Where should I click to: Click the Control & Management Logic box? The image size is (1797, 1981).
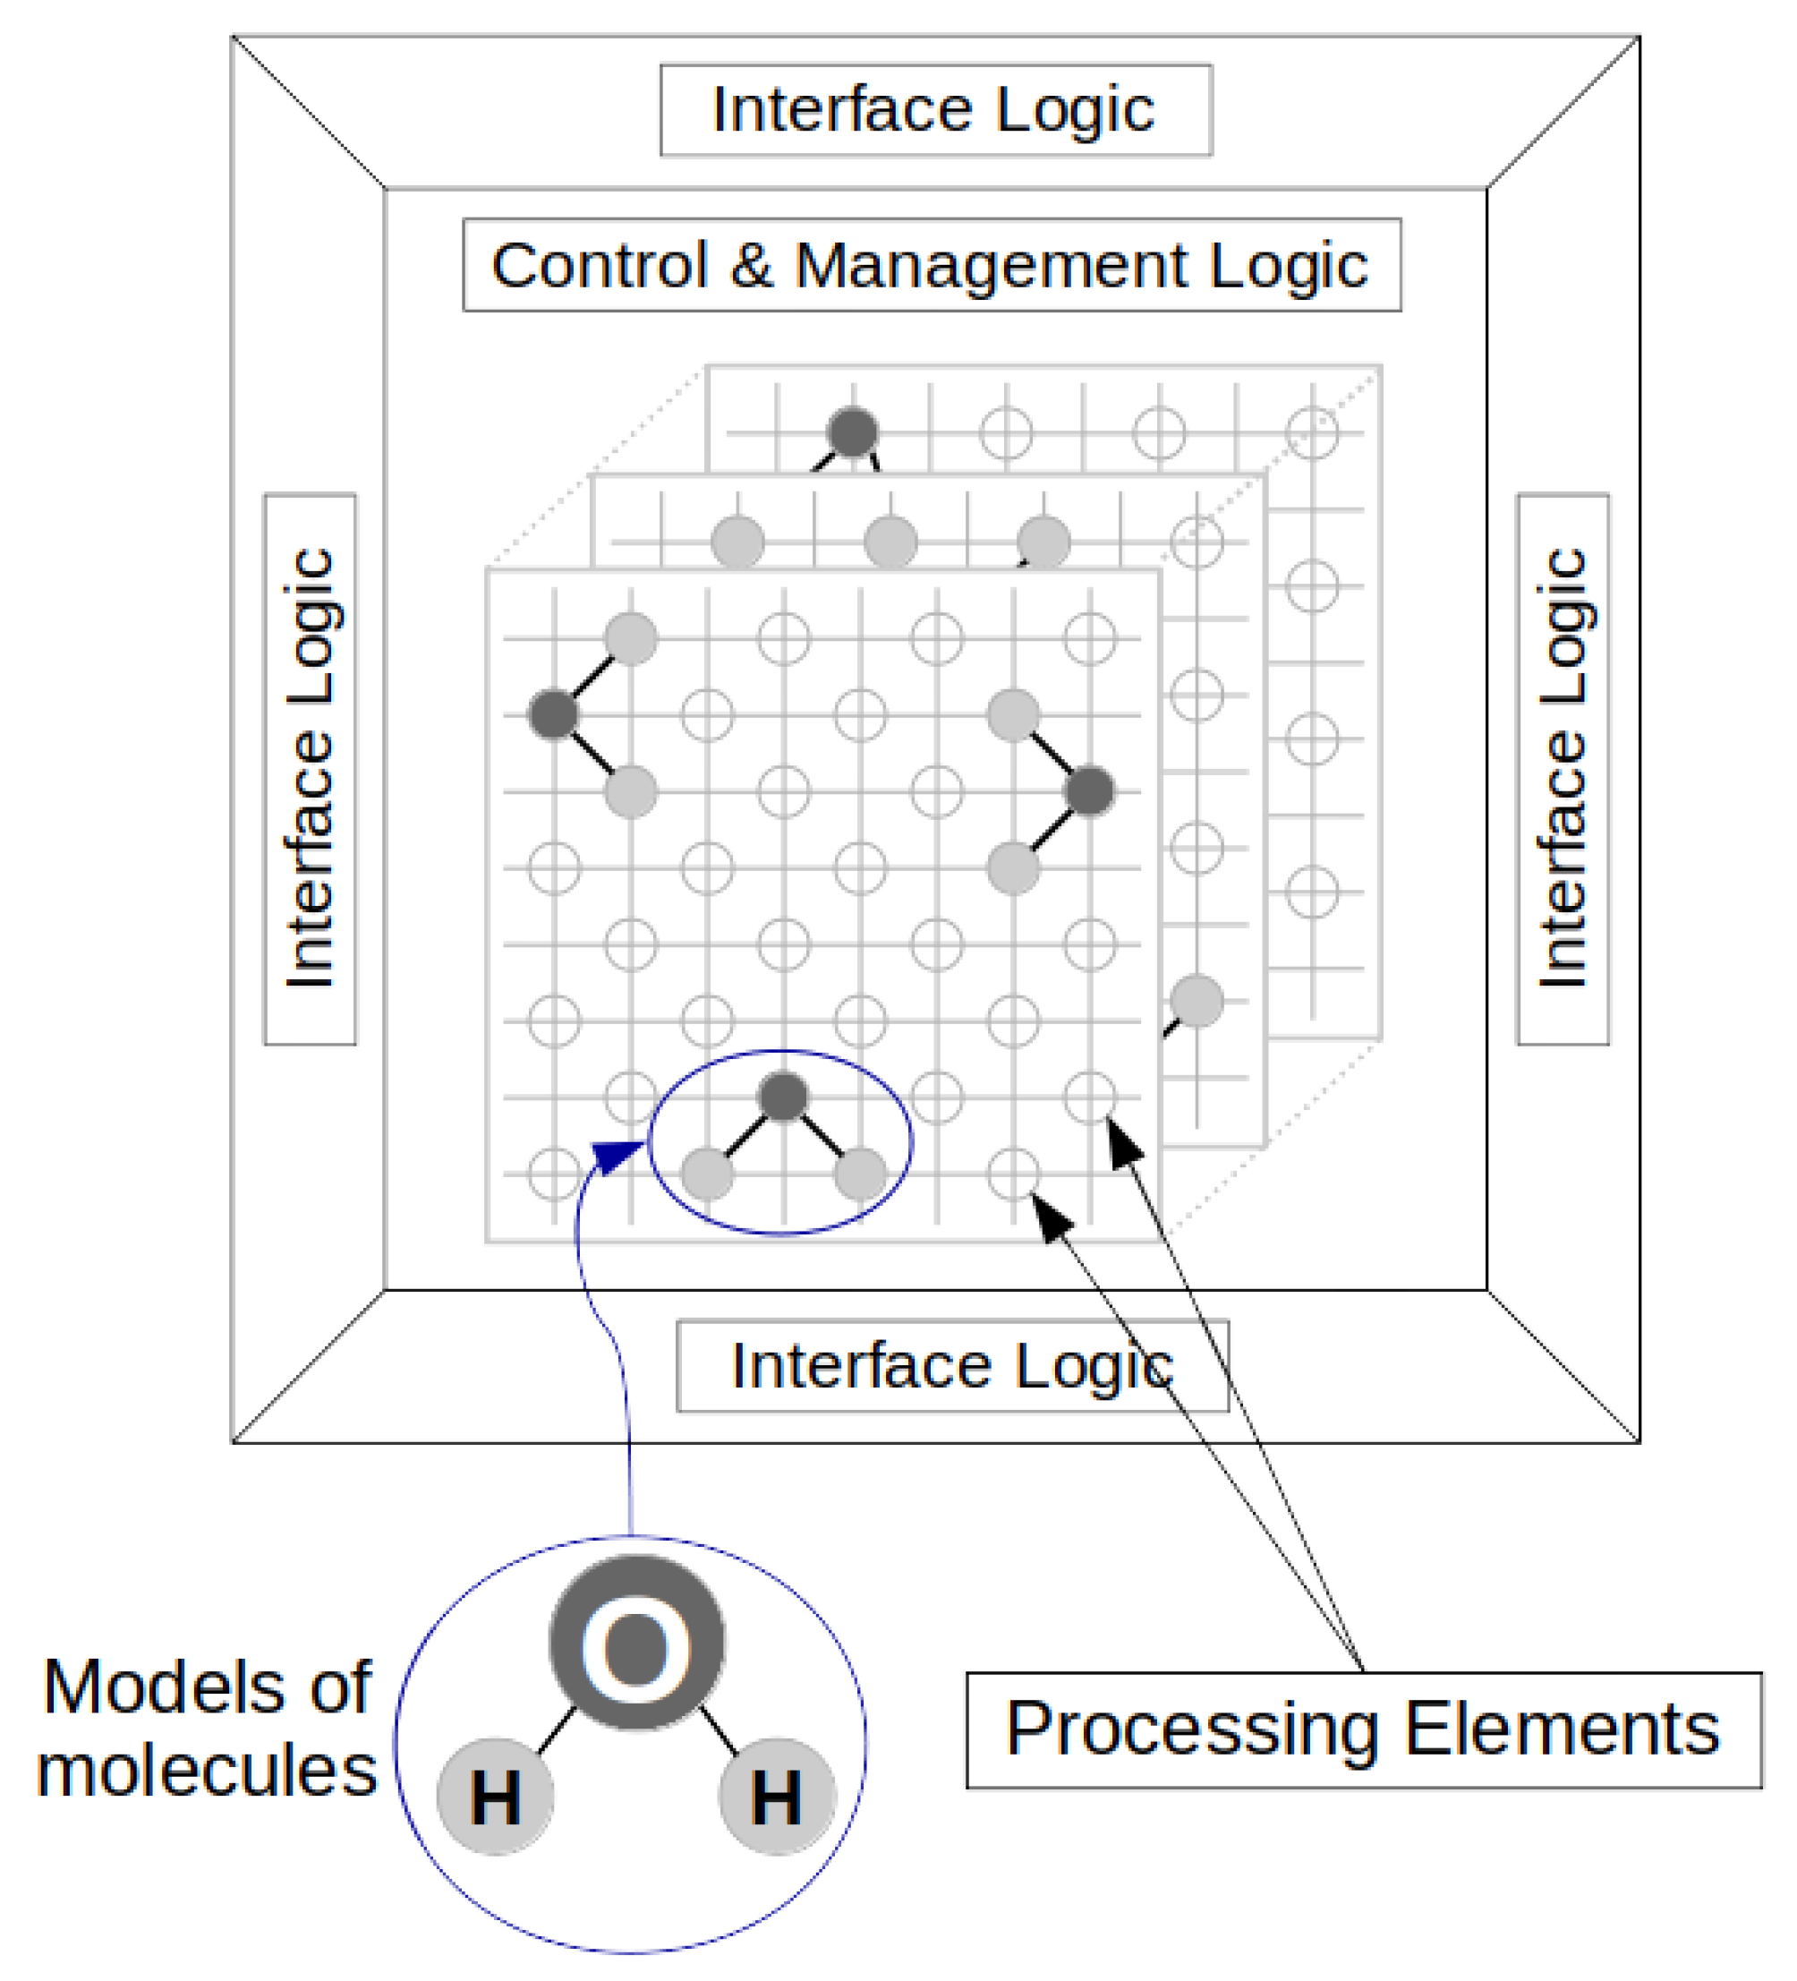[932, 264]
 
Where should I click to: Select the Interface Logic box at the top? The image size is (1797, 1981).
[935, 110]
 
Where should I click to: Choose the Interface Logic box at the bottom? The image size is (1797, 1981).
[952, 1366]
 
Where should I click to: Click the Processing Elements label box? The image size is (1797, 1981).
[1364, 1730]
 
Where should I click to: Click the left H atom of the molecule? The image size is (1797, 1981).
[495, 1797]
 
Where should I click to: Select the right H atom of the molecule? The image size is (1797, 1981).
[777, 1797]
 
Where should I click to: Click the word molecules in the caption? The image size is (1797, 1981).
[207, 1771]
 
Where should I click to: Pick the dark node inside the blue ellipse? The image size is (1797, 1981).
[783, 1097]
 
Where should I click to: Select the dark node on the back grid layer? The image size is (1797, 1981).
[853, 431]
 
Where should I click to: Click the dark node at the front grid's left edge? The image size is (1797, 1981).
[553, 714]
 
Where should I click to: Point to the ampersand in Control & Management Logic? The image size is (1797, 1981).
[751, 264]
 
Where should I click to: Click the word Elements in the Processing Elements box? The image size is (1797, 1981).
[1563, 1729]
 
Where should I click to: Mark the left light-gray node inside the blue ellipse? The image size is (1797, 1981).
[707, 1174]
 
